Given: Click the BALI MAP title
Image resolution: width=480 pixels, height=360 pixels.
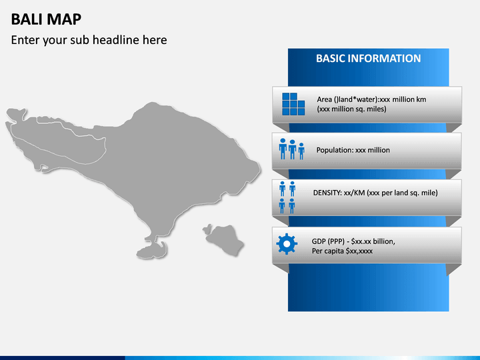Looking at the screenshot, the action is click(46, 19).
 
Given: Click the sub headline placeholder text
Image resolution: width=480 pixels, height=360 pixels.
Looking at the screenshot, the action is click(89, 40).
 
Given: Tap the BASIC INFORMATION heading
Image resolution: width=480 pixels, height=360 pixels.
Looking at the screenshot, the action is click(368, 59).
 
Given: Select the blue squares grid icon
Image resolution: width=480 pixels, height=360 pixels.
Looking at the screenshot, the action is click(293, 104).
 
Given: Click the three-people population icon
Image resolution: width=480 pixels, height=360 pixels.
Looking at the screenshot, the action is click(292, 149).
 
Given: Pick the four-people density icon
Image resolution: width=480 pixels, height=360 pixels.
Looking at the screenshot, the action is click(287, 197).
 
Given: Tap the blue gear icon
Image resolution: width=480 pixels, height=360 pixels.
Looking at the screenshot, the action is click(287, 244).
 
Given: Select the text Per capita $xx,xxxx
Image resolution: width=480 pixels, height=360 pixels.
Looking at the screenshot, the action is click(342, 251).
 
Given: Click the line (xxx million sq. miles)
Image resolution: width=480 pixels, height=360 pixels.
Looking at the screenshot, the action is click(351, 109).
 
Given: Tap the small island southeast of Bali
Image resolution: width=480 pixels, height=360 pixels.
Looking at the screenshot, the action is click(224, 239).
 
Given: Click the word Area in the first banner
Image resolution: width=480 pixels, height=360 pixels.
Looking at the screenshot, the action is click(325, 99).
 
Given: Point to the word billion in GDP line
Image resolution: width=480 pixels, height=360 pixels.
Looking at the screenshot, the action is click(384, 241).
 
